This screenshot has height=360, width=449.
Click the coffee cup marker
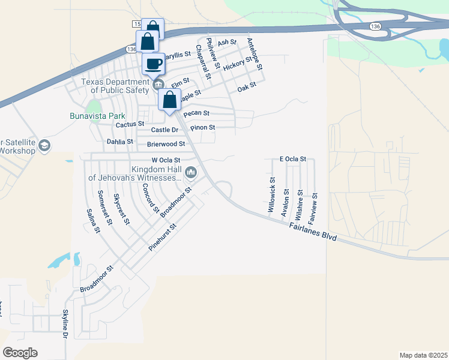pos(154,64)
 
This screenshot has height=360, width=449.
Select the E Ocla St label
pos(293,159)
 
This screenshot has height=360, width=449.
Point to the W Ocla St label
pos(166,160)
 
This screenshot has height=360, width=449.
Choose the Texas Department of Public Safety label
pos(116,86)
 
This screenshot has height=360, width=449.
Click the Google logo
pos(20,353)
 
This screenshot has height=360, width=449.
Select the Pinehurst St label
pos(163,238)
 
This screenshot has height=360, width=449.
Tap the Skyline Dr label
pos(65,325)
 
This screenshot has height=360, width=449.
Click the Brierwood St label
pos(166,144)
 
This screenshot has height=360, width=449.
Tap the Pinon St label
pos(202,128)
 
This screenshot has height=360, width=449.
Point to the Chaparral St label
pos(203,61)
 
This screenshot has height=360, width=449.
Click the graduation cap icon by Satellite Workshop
pos(44,146)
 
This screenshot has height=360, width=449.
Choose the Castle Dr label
pos(165,130)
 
